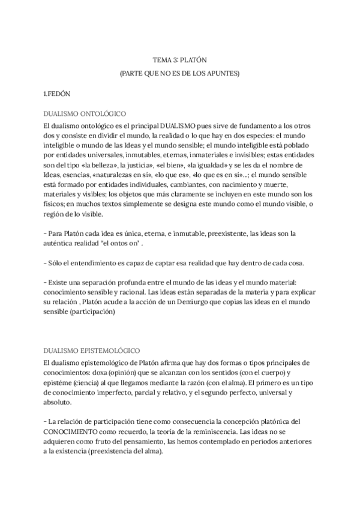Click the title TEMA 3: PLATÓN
point(179,60)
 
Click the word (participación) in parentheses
point(92,312)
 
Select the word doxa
point(100,372)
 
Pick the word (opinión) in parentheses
point(128,372)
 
